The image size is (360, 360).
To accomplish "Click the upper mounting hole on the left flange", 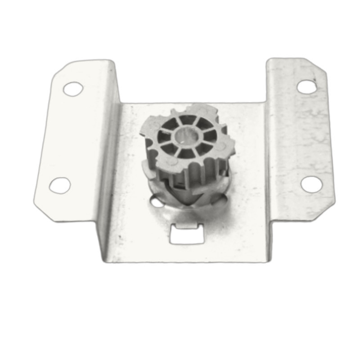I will pyautogui.click(x=73, y=89).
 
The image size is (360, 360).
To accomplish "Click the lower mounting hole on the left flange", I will pyautogui.click(x=60, y=185).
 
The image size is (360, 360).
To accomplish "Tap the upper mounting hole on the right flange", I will pyautogui.click(x=307, y=86).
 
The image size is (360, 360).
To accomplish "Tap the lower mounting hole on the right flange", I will pyautogui.click(x=311, y=184).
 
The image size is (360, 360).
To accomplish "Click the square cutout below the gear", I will pyautogui.click(x=185, y=234).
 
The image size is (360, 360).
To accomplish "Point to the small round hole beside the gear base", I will pyautogui.click(x=157, y=202).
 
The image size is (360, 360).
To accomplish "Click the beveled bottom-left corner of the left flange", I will pyautogui.click(x=43, y=211).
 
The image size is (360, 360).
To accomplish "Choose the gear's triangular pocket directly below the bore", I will pyautogui.click(x=186, y=153).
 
